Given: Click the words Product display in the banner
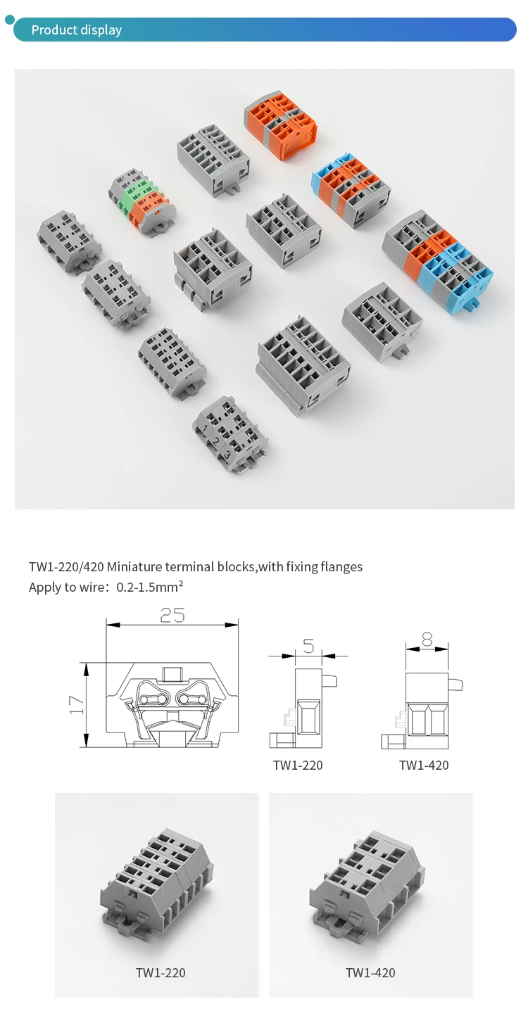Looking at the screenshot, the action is (76, 30).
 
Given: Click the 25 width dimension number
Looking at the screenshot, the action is (172, 615).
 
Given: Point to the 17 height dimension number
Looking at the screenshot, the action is (76, 705).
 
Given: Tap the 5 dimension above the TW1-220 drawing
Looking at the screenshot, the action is (308, 646).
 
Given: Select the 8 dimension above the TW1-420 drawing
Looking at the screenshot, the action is (427, 640).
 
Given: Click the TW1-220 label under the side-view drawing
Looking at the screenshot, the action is (298, 766).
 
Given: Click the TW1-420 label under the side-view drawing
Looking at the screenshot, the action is (424, 766).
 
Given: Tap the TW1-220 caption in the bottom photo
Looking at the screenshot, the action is (161, 972).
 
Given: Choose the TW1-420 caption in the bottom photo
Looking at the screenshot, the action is (370, 972).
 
